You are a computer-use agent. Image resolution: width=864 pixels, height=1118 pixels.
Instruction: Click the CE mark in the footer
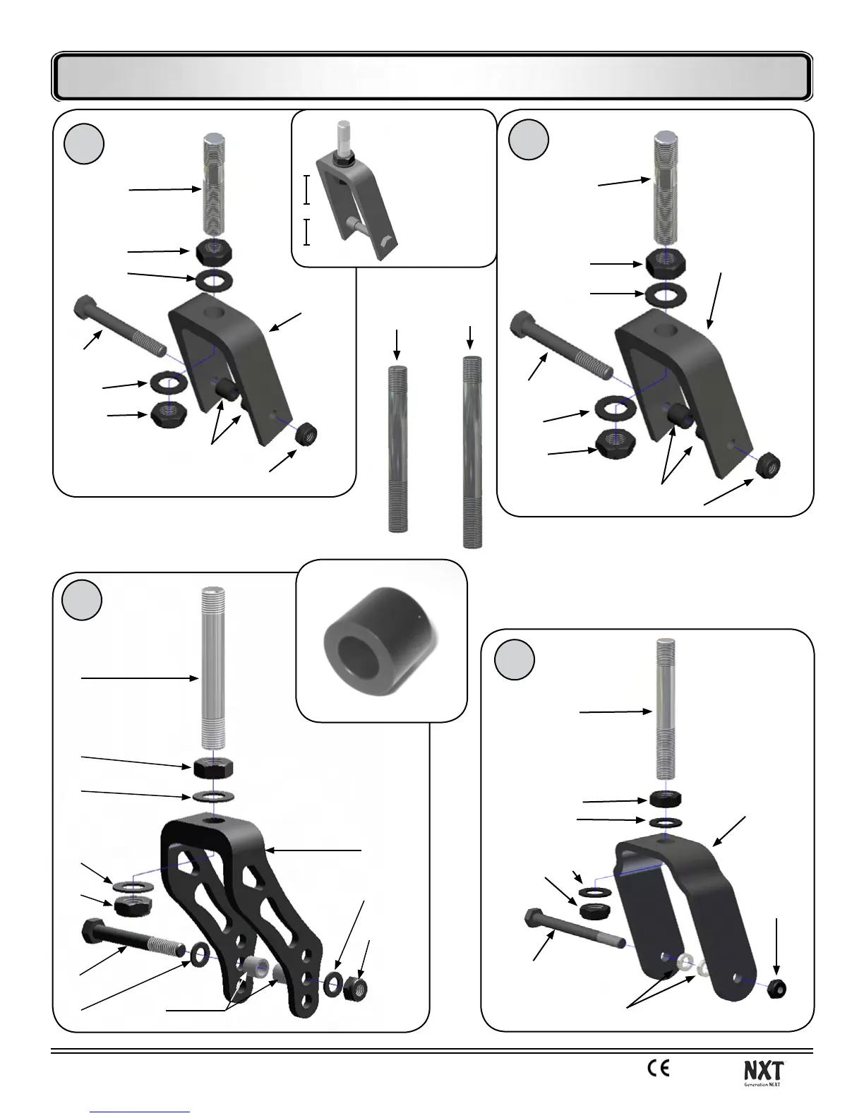(x=658, y=1069)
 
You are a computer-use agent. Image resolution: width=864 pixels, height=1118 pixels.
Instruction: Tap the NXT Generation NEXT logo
(x=764, y=1073)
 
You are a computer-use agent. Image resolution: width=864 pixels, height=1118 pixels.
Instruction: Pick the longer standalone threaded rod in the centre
(x=472, y=452)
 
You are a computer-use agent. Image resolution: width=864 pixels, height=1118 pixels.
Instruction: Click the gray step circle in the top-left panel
(x=84, y=144)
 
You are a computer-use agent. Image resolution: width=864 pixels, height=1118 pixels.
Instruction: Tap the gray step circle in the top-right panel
(x=529, y=140)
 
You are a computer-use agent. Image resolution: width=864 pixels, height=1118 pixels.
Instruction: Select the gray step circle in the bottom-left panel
(x=82, y=600)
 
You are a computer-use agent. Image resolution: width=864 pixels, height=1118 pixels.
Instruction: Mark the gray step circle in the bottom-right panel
(x=515, y=660)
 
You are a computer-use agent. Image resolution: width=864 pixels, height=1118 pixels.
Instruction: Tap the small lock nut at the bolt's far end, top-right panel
(x=768, y=465)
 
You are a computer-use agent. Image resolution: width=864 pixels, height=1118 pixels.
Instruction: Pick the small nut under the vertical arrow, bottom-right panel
(x=776, y=988)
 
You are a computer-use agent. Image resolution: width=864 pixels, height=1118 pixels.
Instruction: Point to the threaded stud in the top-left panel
(x=214, y=189)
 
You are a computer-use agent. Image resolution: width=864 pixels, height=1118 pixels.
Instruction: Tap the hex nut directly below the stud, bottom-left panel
(x=214, y=768)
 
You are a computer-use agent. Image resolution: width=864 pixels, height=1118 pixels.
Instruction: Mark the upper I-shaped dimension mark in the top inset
(x=306, y=189)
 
